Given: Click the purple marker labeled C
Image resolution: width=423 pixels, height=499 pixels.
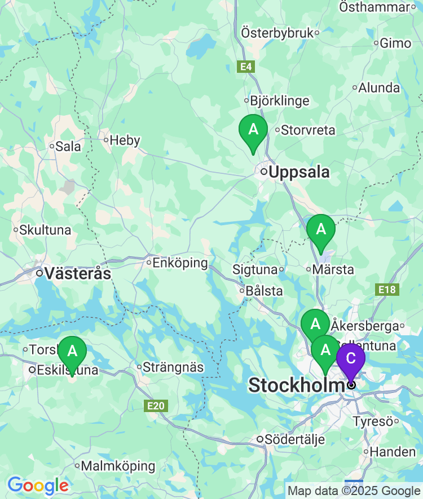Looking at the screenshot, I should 350,359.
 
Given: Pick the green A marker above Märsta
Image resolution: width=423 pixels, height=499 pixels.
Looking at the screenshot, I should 321,230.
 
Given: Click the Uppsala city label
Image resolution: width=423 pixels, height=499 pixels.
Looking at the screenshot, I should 299,172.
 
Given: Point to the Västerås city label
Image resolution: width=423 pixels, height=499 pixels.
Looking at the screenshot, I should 77,274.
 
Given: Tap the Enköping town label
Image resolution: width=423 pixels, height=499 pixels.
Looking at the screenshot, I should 180,263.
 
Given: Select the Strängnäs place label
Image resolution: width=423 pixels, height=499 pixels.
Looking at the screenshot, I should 173,367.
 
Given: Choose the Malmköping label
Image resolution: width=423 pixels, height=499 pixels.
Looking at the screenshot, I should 118,466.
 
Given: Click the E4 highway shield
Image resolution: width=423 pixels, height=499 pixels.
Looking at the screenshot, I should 245,67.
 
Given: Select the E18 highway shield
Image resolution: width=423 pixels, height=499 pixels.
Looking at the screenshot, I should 387,290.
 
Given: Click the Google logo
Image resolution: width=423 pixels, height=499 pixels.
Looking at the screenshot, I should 38,485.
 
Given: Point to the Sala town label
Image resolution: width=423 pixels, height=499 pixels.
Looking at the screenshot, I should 68,147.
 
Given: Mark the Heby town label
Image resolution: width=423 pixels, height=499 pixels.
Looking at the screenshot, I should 125,140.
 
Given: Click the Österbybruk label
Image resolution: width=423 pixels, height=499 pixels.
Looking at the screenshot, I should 277,33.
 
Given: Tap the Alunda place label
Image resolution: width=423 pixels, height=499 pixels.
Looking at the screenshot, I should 379,88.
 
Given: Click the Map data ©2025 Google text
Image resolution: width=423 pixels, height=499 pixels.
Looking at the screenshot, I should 354,491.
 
